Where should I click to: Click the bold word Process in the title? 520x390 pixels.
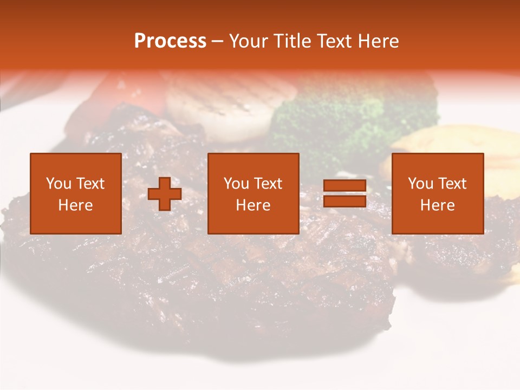tap(170, 41)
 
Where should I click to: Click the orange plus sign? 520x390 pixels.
tap(165, 194)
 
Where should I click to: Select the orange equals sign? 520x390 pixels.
tap(344, 194)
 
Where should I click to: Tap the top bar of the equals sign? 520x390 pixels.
tap(344, 186)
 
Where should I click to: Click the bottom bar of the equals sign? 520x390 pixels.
tap(344, 201)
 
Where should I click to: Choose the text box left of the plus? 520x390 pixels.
tap(76, 193)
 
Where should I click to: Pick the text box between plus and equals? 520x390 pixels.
tap(253, 193)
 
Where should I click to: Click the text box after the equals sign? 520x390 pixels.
tap(438, 193)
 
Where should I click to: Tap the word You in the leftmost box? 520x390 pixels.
tap(58, 184)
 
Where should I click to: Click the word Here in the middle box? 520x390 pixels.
tap(253, 205)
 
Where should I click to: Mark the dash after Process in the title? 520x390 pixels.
tap(218, 41)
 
